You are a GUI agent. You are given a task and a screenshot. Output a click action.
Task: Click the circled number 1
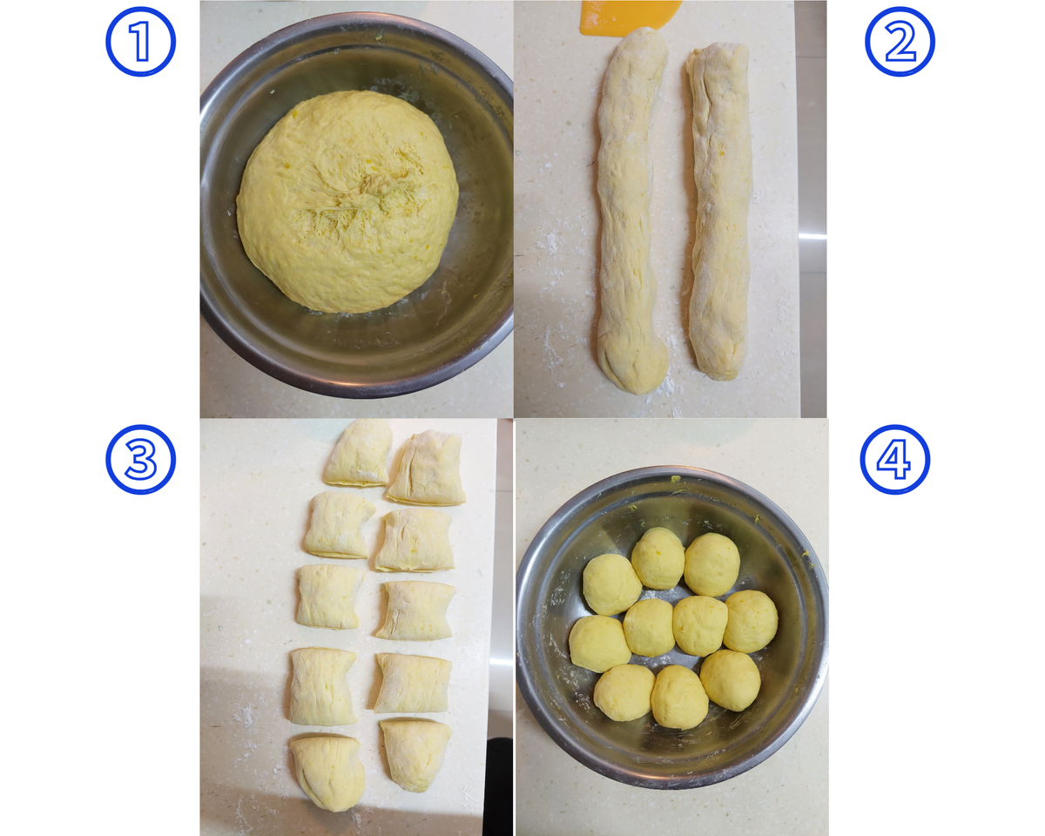(141, 42)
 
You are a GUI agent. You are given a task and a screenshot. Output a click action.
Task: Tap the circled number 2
(900, 42)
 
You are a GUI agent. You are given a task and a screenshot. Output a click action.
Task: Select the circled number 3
(141, 460)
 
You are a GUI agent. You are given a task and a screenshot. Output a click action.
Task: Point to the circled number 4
(895, 460)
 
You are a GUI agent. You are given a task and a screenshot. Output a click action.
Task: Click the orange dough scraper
(630, 17)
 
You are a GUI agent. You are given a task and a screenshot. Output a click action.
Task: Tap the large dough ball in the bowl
(347, 201)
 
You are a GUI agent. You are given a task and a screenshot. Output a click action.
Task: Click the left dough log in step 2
(631, 209)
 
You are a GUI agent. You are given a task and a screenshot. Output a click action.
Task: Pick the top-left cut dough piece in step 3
(359, 453)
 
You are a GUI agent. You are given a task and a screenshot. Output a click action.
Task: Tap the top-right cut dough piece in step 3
(427, 468)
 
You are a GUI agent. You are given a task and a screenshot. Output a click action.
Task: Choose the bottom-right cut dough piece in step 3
(415, 755)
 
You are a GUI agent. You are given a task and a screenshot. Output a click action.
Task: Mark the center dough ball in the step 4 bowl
(699, 625)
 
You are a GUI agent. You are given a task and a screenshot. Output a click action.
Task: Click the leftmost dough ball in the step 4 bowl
(599, 644)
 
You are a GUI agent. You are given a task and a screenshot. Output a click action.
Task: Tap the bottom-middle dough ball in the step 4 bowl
(679, 697)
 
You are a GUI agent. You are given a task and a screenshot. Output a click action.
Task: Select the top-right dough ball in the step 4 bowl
(711, 564)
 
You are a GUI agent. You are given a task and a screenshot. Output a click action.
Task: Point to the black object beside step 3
(498, 787)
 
